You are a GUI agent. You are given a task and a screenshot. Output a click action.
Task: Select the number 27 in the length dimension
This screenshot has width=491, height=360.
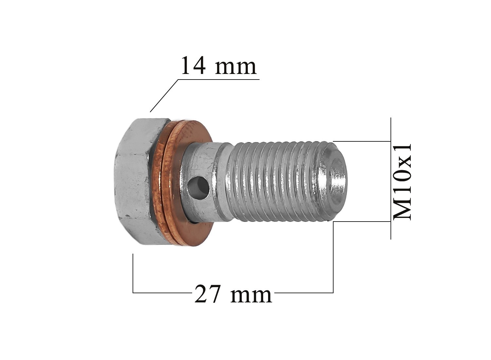point(207,294)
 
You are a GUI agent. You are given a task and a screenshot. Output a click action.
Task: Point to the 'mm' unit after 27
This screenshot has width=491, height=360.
point(251,296)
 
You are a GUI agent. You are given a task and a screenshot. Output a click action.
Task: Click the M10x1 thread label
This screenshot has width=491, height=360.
point(402,182)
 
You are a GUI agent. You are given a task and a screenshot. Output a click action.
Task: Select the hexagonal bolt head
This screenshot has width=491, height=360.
point(140,182)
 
